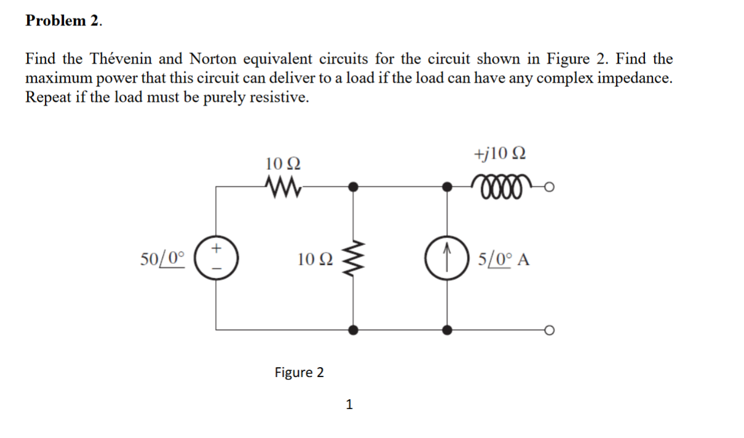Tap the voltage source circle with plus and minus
pyautogui.click(x=216, y=255)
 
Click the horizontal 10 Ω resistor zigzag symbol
pyautogui.click(x=282, y=183)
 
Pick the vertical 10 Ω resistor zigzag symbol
pyautogui.click(x=352, y=257)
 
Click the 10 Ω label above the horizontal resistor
pyautogui.click(x=283, y=164)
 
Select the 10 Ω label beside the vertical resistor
pyautogui.click(x=314, y=259)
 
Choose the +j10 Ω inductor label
pyautogui.click(x=499, y=153)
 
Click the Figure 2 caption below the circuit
pyautogui.click(x=299, y=372)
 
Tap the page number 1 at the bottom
pyautogui.click(x=349, y=404)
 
